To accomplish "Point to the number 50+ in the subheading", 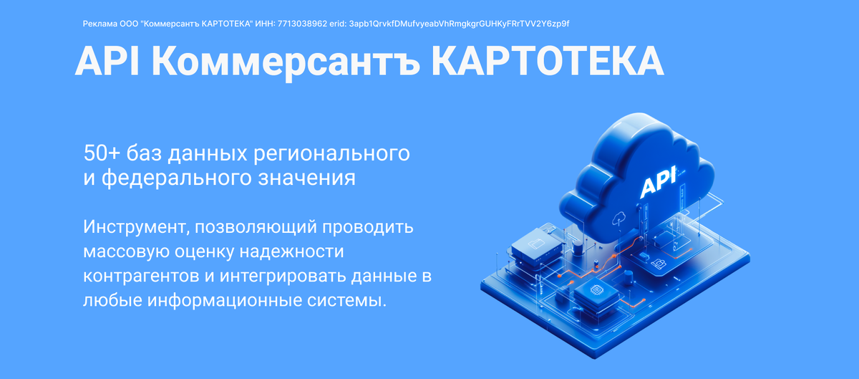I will click(x=101, y=153).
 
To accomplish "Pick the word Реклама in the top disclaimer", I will click(x=98, y=24).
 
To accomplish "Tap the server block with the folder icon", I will click(x=533, y=245).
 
